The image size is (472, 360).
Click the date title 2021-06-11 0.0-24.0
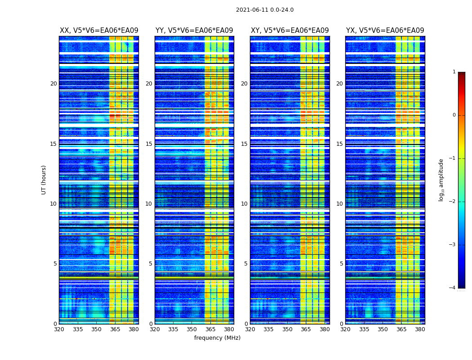(264, 10)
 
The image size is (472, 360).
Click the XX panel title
(99, 31)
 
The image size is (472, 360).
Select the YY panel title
(194, 31)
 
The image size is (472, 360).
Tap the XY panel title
(289, 31)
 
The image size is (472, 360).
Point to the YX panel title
(385, 31)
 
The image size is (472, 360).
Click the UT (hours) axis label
(44, 180)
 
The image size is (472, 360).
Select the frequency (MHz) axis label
(217, 338)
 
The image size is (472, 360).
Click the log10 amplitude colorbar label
(441, 180)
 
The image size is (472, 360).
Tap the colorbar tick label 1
(454, 72)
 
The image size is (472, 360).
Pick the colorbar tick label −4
(453, 288)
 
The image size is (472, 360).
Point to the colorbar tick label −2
(453, 202)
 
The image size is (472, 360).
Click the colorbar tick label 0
(454, 115)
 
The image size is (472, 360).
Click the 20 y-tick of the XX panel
(53, 84)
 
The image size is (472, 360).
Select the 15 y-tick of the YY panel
(149, 144)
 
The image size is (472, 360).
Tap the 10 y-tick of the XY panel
(244, 204)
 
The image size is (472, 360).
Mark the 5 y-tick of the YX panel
(341, 264)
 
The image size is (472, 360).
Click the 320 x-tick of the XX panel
(59, 329)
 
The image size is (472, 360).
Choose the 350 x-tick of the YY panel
(192, 329)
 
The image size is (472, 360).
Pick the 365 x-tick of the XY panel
(306, 329)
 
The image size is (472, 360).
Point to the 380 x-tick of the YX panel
(420, 329)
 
